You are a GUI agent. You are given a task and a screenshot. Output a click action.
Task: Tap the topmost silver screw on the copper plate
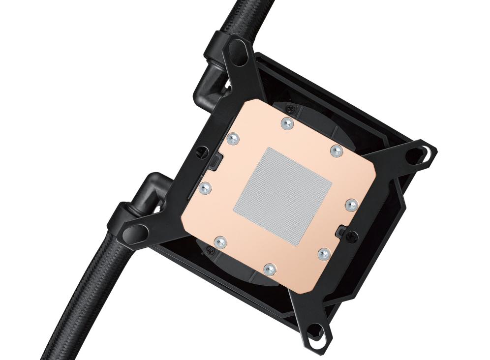pyautogui.click(x=286, y=123)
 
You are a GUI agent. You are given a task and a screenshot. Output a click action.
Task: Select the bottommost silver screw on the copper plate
pyautogui.click(x=269, y=269)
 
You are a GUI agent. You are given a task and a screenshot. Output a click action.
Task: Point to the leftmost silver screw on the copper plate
pyautogui.click(x=205, y=187)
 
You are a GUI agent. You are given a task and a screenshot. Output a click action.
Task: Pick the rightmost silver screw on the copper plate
pyautogui.click(x=351, y=205)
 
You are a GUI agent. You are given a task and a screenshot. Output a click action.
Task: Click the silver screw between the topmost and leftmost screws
pyautogui.click(x=233, y=139)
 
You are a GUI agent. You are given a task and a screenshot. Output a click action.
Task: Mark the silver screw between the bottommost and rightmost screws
pyautogui.click(x=323, y=254)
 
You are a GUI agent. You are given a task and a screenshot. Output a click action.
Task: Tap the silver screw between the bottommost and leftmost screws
pyautogui.click(x=221, y=241)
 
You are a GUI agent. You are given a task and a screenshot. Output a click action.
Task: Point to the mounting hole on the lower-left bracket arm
pyautogui.click(x=139, y=231)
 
